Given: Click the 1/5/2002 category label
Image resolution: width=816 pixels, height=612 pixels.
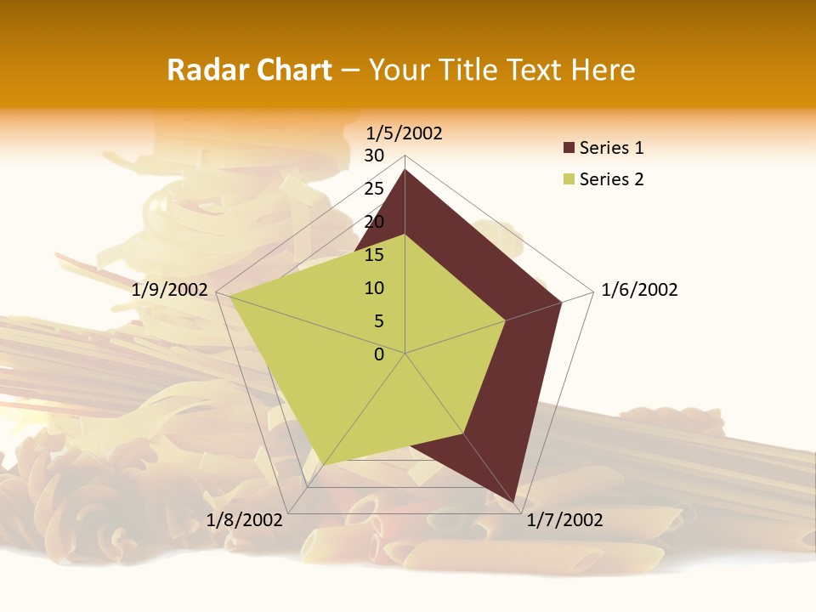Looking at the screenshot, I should (x=404, y=133).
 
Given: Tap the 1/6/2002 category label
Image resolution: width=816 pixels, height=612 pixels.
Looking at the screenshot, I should (x=639, y=290).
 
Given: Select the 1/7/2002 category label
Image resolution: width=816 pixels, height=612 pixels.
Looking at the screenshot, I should (x=564, y=520).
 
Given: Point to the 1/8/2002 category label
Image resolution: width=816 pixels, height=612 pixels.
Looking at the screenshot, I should (x=244, y=520).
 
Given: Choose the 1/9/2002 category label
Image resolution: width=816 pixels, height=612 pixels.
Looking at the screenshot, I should (x=170, y=290).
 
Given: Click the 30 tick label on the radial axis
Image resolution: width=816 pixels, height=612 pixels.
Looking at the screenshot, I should (x=374, y=156).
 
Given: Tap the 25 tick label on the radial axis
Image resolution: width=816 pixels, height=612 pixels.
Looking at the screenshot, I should (x=374, y=189).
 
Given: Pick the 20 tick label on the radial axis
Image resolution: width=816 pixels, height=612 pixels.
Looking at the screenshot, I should (x=374, y=222).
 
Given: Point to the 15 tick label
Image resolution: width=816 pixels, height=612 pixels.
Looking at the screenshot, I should (x=374, y=255).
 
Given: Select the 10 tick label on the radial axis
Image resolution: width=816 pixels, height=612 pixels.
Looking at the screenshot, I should (x=374, y=288).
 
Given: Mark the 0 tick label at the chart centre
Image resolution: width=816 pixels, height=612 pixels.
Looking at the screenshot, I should (x=379, y=354).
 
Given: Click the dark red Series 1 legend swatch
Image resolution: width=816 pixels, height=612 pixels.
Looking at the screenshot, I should (x=569, y=149).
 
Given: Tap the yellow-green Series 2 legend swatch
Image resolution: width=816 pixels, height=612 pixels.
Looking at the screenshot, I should (x=569, y=179).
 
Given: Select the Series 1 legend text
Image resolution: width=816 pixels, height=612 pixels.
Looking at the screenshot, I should (x=611, y=149).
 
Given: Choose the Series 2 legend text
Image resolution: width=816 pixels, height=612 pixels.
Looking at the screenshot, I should (x=611, y=179).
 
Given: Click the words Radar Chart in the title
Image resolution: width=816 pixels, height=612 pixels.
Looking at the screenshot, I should (x=249, y=71).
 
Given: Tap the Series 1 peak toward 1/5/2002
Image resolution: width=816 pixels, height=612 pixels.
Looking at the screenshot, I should (x=405, y=170).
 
